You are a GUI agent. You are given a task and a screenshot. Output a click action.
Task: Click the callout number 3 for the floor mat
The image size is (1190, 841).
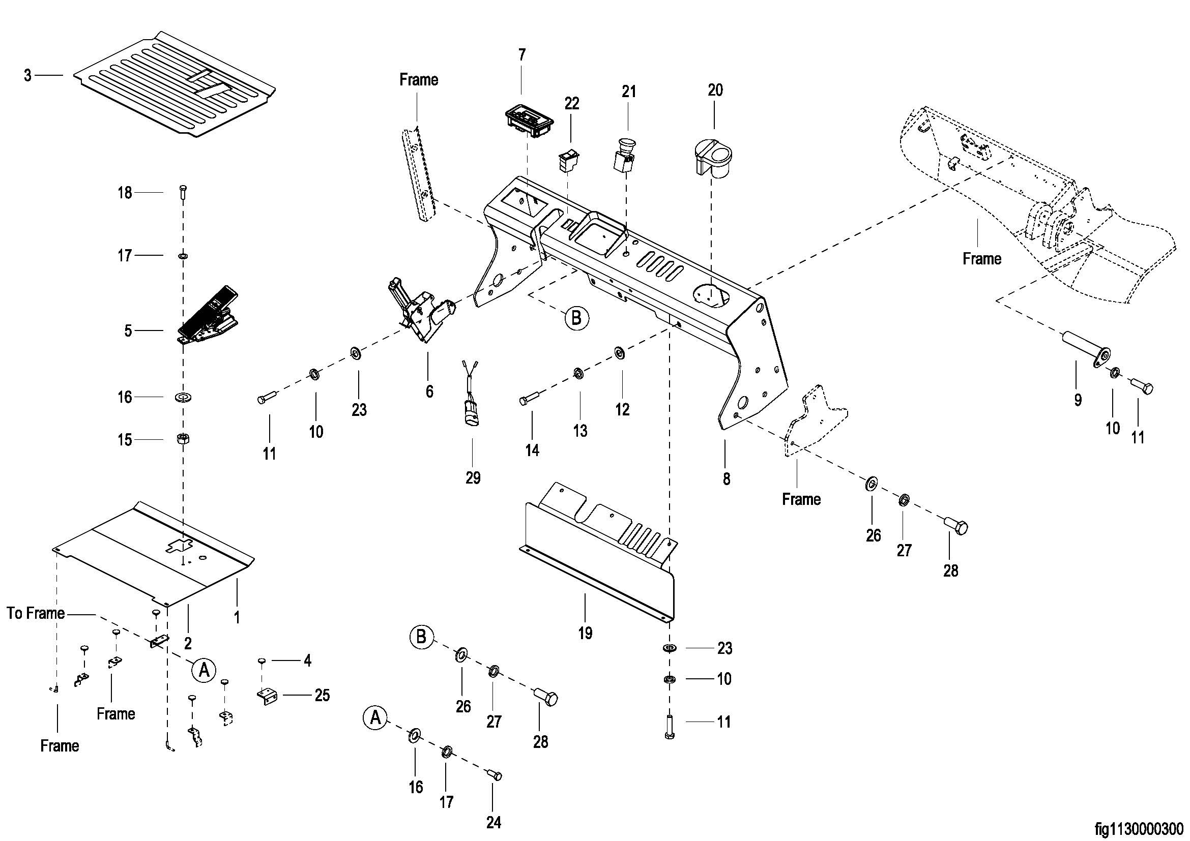click(27, 76)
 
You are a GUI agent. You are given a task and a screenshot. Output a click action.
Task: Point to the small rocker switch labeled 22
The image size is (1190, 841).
click(569, 160)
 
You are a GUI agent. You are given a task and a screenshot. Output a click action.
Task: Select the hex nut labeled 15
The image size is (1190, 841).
click(183, 439)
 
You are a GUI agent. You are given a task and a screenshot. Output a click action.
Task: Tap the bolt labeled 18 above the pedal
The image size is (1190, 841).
click(183, 193)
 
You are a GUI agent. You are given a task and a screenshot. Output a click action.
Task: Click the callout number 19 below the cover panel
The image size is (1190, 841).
click(585, 633)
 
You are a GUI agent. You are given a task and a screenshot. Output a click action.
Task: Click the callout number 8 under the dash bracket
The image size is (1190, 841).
click(726, 479)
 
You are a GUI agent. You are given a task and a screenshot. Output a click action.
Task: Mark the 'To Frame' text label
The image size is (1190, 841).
click(36, 614)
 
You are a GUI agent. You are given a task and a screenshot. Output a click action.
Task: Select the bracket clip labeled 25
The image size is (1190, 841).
click(268, 696)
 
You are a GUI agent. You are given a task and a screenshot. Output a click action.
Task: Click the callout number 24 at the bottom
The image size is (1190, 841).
click(494, 822)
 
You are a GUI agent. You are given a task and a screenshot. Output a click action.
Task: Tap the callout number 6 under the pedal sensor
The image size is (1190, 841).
click(429, 392)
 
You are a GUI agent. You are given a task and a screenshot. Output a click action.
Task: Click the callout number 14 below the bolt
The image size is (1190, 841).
click(532, 450)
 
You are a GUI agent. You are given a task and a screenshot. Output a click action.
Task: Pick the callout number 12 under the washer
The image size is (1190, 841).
click(622, 410)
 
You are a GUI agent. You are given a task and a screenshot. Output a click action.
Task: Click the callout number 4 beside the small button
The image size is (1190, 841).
click(307, 661)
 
